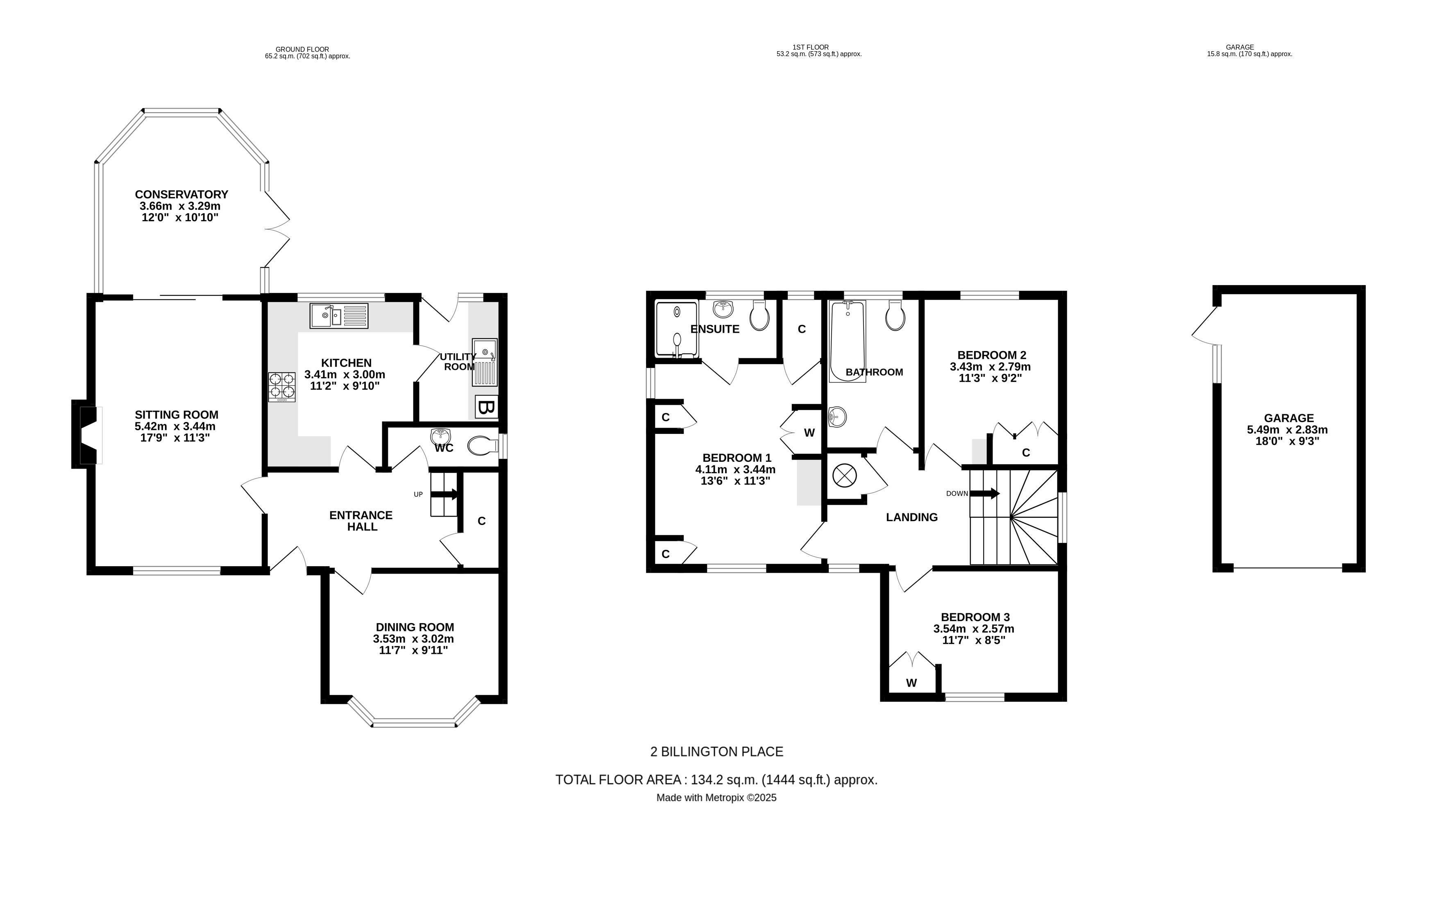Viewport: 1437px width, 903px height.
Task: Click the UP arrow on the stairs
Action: pyautogui.click(x=444, y=494)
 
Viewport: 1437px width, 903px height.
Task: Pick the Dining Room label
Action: pyautogui.click(x=415, y=627)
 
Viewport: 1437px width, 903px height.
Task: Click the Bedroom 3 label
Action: pyautogui.click(x=975, y=617)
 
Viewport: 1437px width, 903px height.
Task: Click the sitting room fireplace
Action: pyautogui.click(x=85, y=434)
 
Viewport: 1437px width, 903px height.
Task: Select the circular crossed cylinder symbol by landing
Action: pyautogui.click(x=844, y=476)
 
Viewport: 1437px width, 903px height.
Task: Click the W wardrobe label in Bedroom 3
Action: pyautogui.click(x=911, y=683)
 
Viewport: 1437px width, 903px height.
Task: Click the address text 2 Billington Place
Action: pyautogui.click(x=716, y=752)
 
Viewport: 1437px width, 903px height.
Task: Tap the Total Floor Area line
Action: pyautogui.click(x=716, y=779)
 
